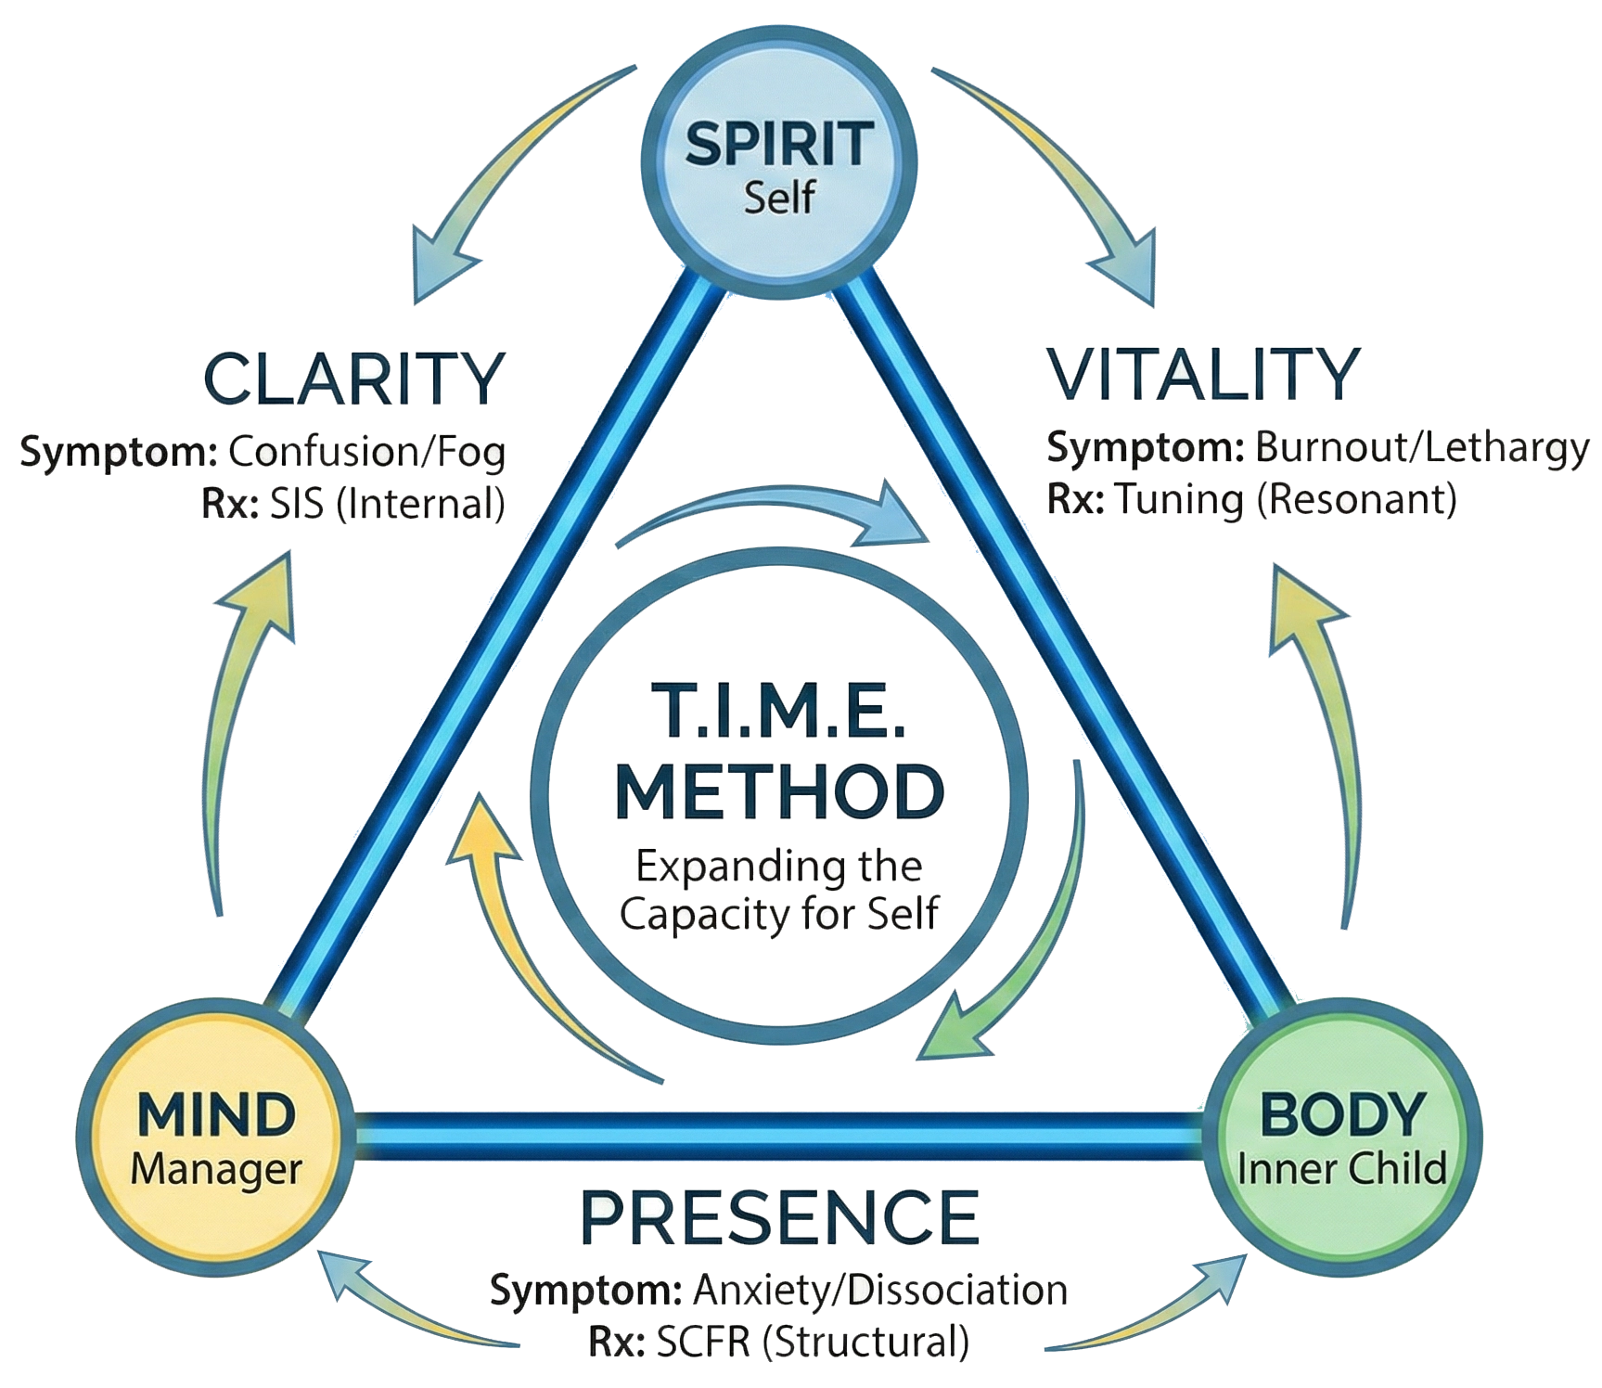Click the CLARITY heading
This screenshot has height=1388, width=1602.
click(352, 379)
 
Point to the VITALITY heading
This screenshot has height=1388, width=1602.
click(1203, 373)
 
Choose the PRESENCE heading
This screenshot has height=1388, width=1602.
click(779, 1215)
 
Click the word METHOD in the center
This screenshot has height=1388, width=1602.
click(779, 790)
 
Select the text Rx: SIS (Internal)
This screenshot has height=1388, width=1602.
click(352, 502)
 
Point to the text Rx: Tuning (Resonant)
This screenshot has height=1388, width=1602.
click(1251, 500)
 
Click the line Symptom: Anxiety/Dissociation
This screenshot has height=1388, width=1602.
click(778, 1291)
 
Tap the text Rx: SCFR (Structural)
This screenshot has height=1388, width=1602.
click(778, 1341)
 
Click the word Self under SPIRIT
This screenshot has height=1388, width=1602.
click(779, 198)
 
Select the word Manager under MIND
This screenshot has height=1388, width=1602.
click(216, 1168)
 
